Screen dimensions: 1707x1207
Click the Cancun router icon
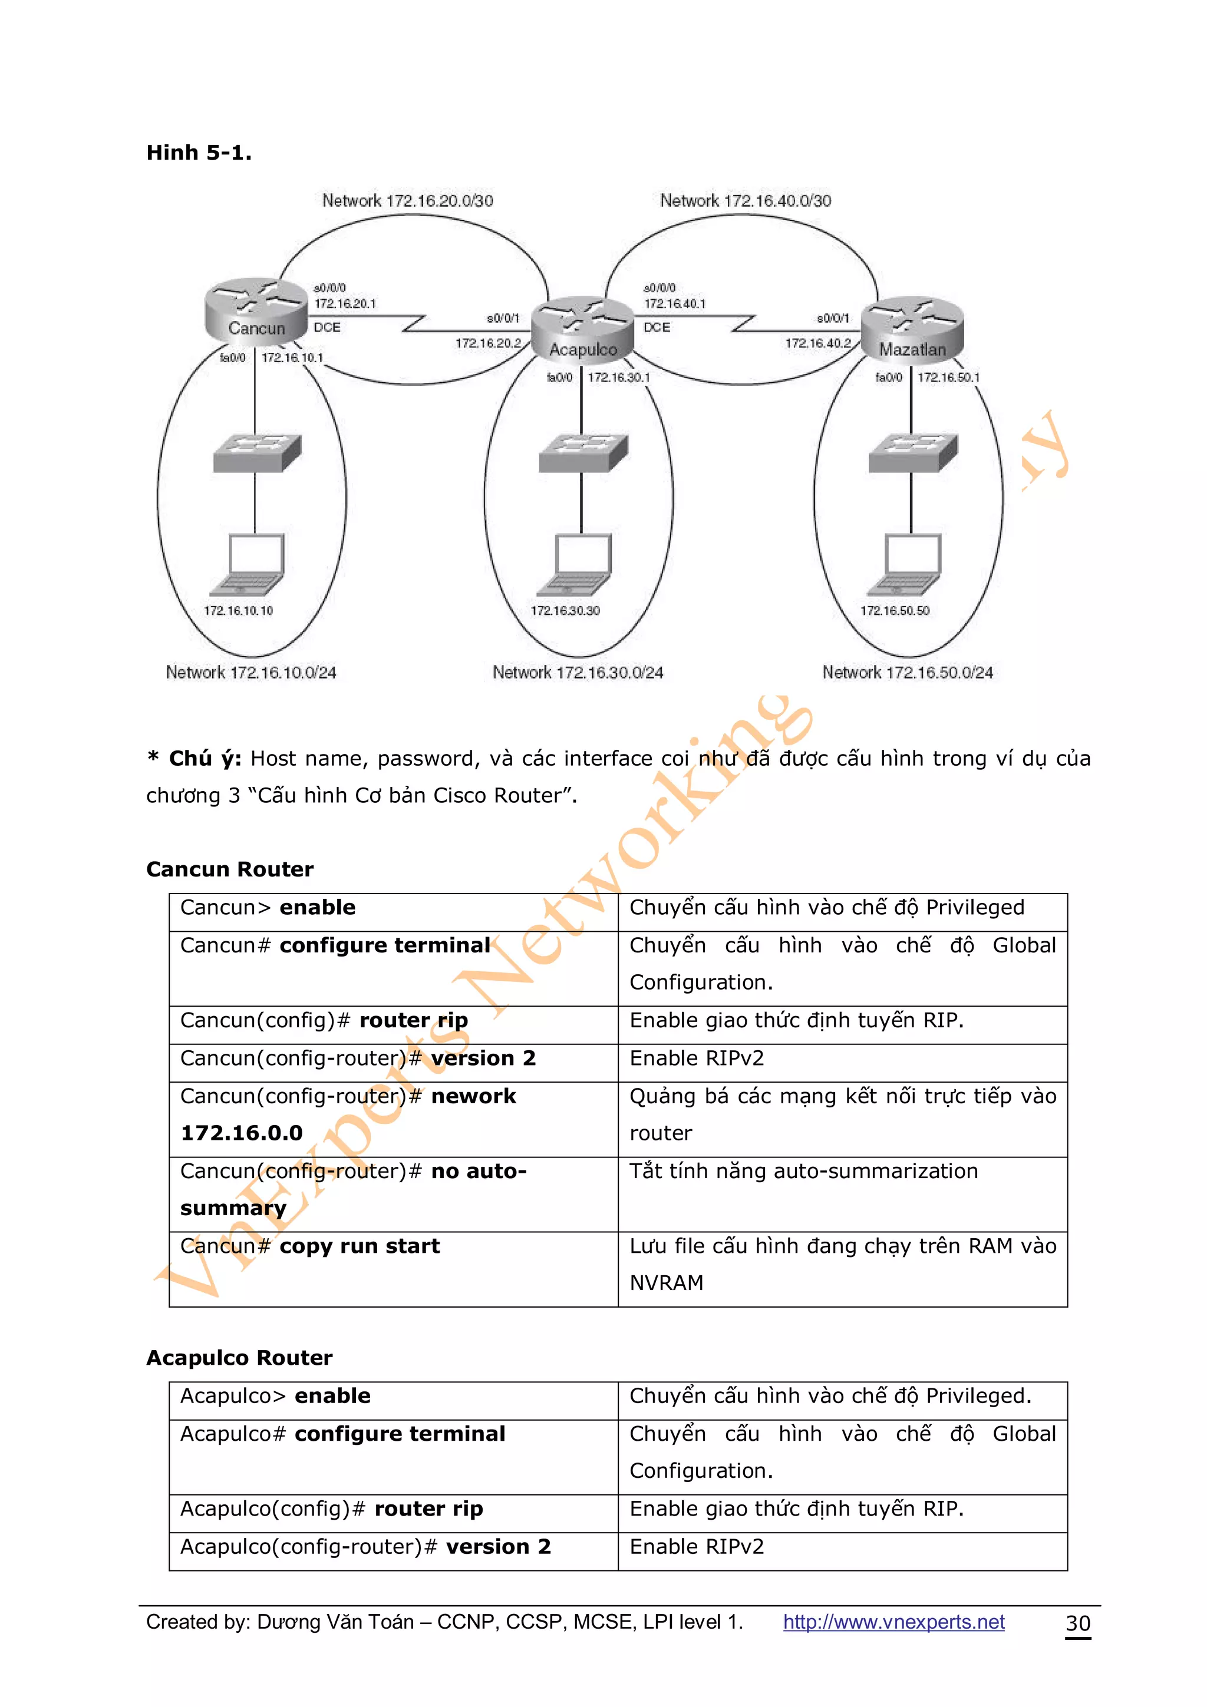256,311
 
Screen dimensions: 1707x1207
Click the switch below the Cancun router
256,453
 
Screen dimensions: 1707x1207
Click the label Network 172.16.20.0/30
407,201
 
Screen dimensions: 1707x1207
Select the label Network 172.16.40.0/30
745,201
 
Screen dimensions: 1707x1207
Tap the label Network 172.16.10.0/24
250,673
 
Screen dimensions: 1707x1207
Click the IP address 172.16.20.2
488,343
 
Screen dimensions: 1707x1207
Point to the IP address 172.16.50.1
948,378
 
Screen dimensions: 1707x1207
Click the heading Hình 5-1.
199,153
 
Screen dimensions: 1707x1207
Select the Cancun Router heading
230,869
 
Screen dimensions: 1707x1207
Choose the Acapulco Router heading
239,1358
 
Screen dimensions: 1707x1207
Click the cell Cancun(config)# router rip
324,1021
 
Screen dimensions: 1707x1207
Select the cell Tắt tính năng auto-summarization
803,1172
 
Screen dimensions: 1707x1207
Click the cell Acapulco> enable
275,1396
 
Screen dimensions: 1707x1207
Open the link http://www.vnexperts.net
893,1622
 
